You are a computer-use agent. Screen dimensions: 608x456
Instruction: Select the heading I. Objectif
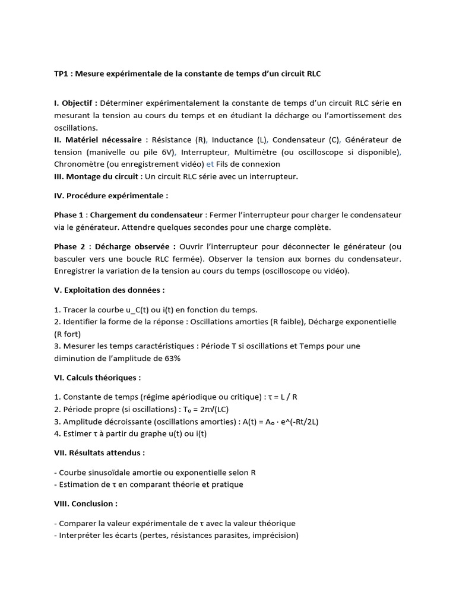pyautogui.click(x=75, y=103)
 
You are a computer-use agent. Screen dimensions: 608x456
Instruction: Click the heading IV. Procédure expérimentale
pyautogui.click(x=110, y=195)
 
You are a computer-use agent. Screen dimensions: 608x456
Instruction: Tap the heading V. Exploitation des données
pyautogui.click(x=109, y=290)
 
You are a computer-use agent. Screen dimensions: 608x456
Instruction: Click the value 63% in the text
pyautogui.click(x=172, y=358)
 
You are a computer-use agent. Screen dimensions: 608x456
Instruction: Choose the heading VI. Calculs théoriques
pyautogui.click(x=97, y=378)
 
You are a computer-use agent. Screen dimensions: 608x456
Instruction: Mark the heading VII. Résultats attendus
pyautogui.click(x=99, y=453)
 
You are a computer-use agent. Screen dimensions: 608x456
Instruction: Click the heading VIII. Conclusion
pyautogui.click(x=85, y=503)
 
